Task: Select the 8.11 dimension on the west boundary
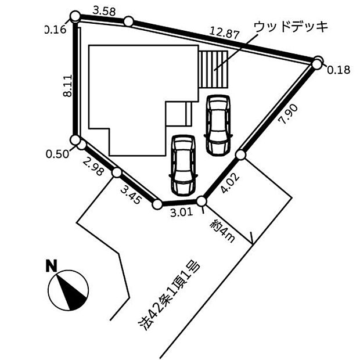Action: tap(67, 85)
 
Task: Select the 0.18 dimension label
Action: tap(339, 70)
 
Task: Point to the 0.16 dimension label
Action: tap(55, 30)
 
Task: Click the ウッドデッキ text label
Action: tap(291, 27)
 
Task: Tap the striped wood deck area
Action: tap(215, 69)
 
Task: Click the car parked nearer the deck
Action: tap(218, 124)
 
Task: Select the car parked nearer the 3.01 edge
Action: tap(182, 165)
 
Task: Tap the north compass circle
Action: tap(69, 290)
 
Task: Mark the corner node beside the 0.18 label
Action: tap(318, 63)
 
